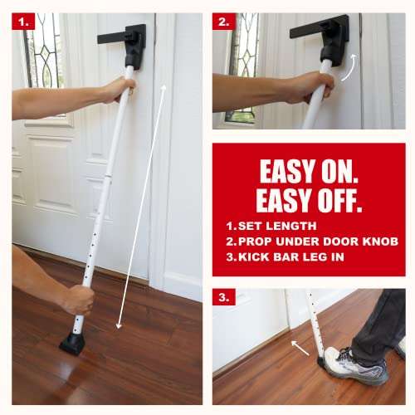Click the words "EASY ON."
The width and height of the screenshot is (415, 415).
(309, 171)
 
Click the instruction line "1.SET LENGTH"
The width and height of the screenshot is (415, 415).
(271, 225)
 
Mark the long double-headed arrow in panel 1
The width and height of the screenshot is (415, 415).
(141, 207)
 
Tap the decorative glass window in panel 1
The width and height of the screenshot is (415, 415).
(41, 50)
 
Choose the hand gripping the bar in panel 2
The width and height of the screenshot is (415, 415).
(307, 85)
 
